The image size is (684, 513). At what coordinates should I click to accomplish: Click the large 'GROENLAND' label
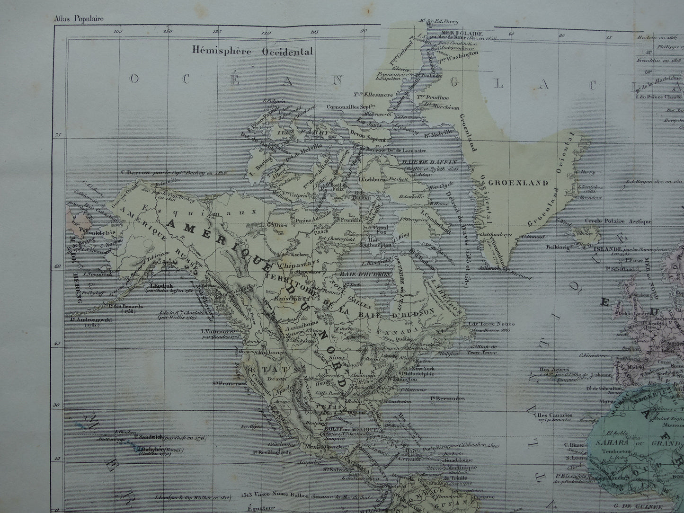pyautogui.click(x=518, y=183)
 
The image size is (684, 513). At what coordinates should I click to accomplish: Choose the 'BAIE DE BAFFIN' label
pyautogui.click(x=423, y=162)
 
